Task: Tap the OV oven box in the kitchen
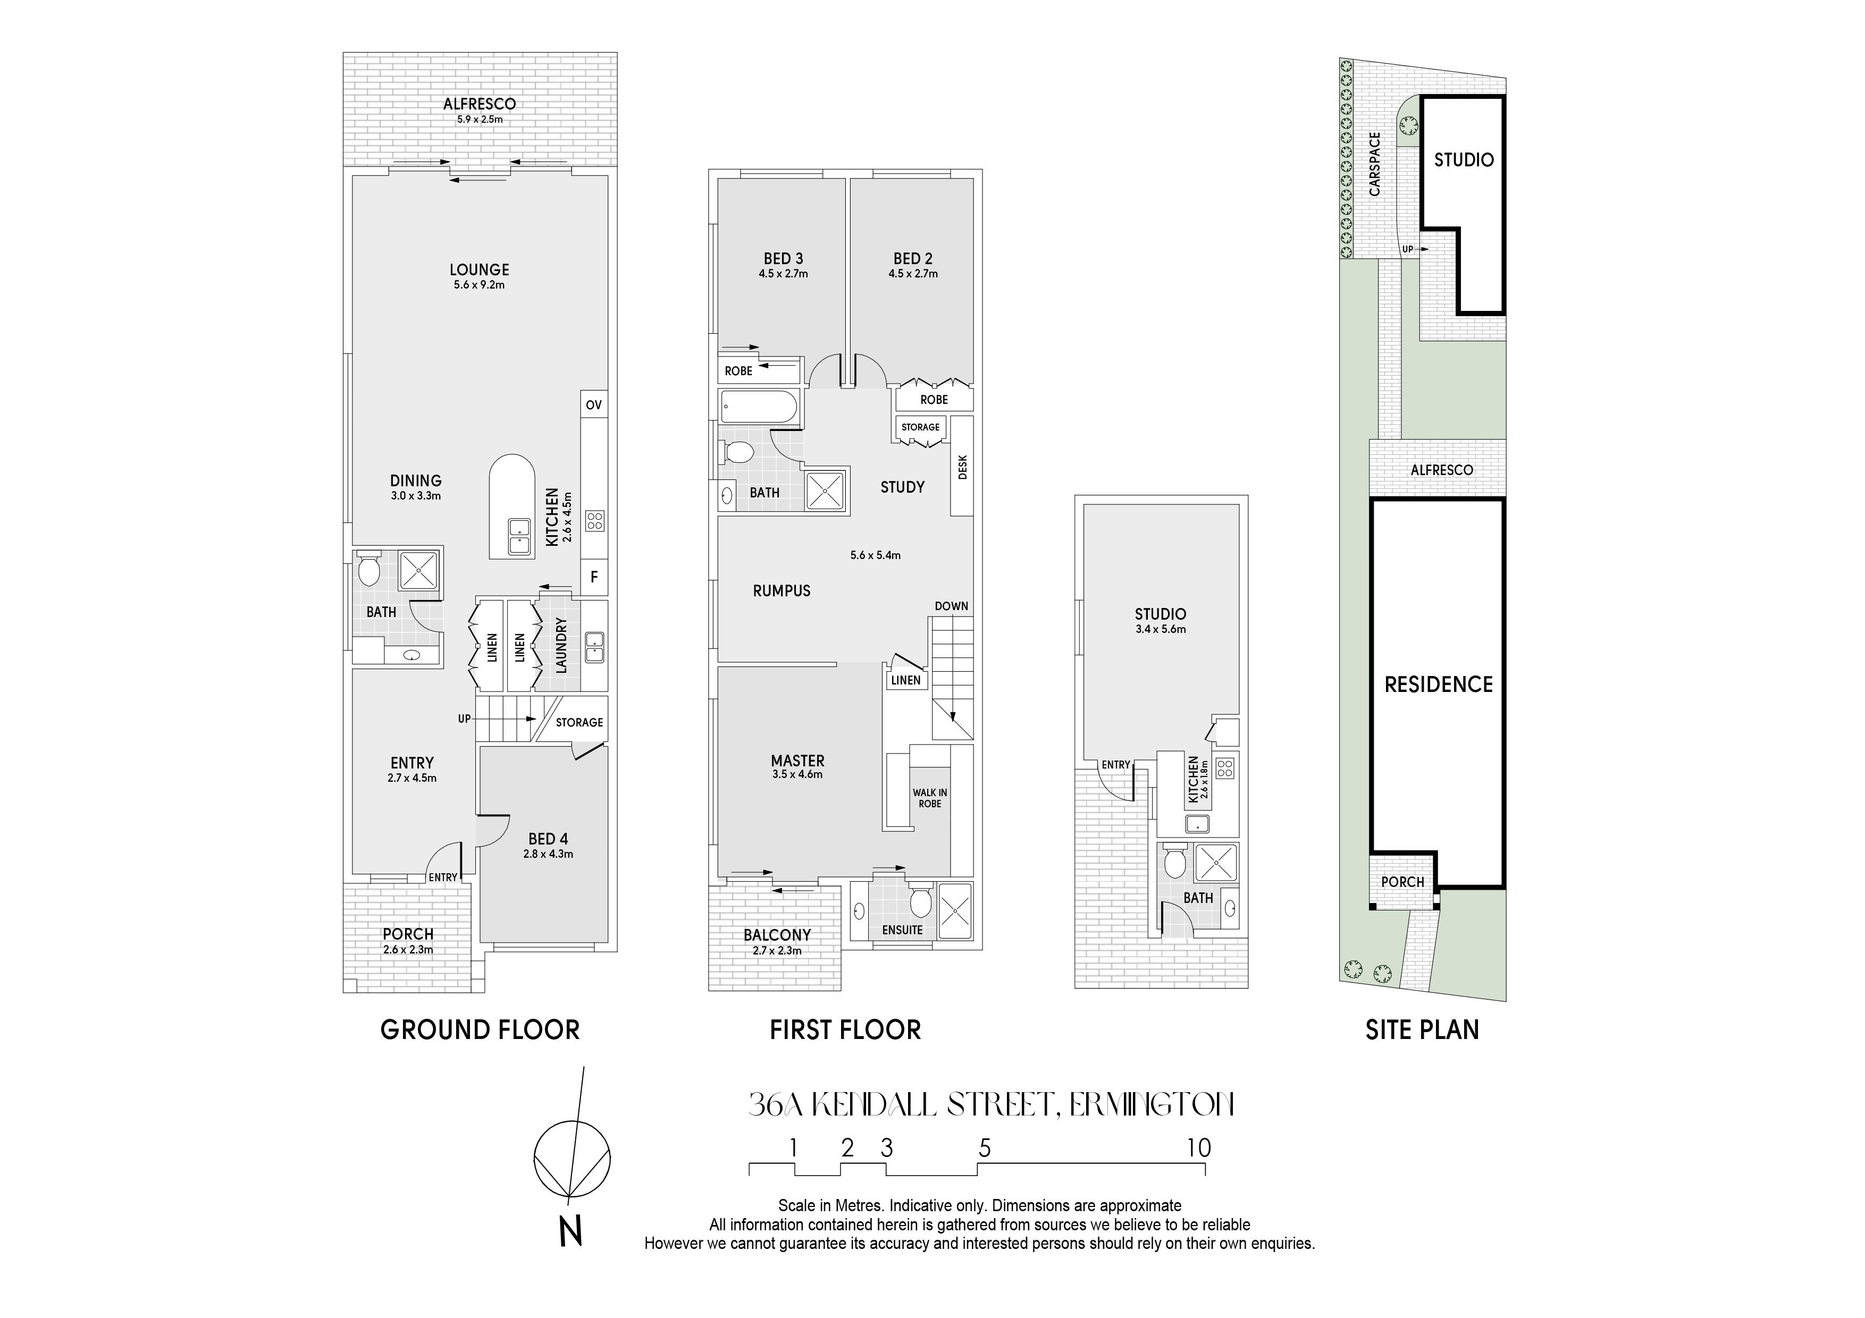point(594,404)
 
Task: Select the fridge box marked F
point(594,577)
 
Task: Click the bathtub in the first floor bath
point(759,407)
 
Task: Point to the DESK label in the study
point(963,466)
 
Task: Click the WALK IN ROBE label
point(930,798)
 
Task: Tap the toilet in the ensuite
point(920,901)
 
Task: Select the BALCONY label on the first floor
point(777,935)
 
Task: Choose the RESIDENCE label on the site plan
point(1439,685)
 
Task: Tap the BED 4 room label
point(548,839)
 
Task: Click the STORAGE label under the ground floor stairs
point(579,722)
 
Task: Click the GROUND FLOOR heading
point(480,1030)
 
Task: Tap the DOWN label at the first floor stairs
point(951,606)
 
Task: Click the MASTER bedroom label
point(797,761)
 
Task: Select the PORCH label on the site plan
point(1403,882)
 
